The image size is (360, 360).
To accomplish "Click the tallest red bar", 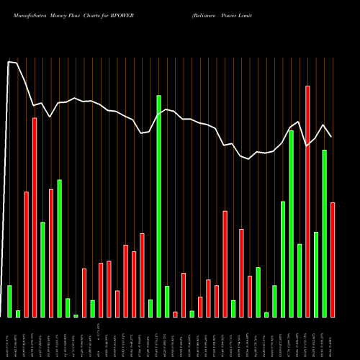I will [x=307, y=202].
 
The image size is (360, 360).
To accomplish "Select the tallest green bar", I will [x=158, y=206].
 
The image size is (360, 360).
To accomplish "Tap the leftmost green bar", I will [x=9, y=301].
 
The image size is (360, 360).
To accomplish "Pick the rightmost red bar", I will [x=333, y=259].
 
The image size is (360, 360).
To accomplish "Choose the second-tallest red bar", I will [x=35, y=217].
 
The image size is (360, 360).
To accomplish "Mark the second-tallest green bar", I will [x=292, y=223].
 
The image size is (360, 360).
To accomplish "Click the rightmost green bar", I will [x=324, y=233].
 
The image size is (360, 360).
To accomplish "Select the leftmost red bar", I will [x=26, y=254].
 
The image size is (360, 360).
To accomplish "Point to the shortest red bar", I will [x=175, y=314].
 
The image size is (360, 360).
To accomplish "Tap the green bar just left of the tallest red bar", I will [x=300, y=280].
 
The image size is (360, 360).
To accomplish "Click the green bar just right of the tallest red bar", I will [x=316, y=274].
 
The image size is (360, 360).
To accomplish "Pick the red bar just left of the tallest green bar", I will [x=142, y=275].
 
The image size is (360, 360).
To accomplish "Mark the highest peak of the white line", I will [x=9, y=62].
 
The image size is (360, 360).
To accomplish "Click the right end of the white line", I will [x=332, y=137].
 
